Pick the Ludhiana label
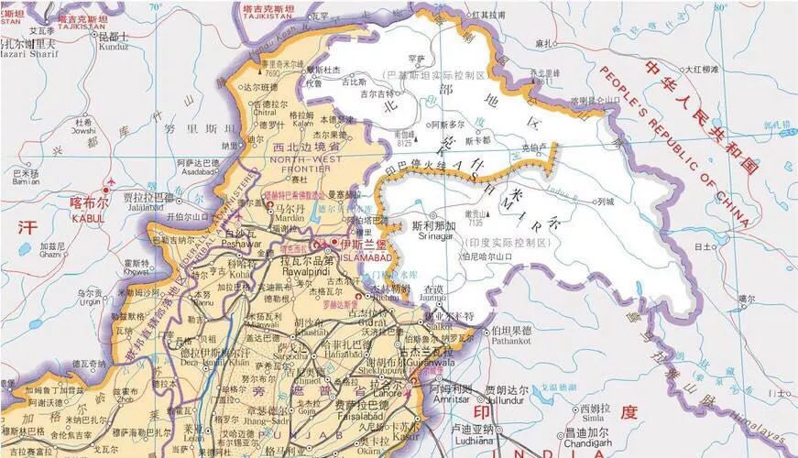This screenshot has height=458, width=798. click(x=473, y=441)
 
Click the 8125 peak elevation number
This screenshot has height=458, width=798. click(x=404, y=143)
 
